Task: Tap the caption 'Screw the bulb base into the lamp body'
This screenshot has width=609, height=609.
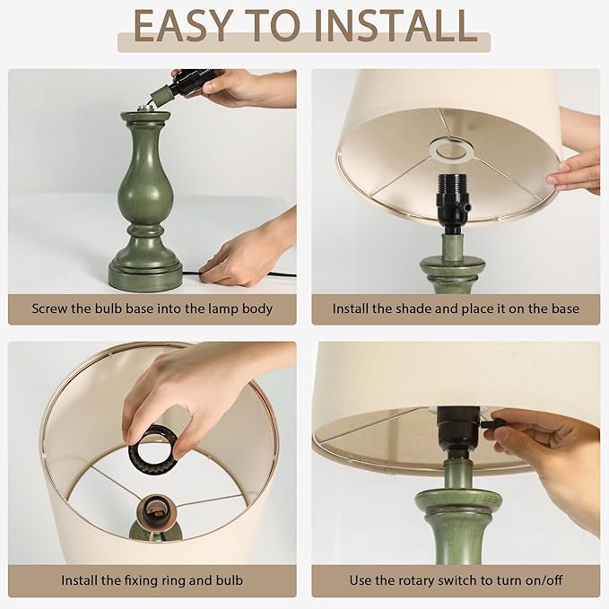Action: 152,309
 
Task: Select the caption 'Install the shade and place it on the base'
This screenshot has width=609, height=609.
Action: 456,309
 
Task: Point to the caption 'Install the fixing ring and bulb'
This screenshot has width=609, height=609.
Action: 152,580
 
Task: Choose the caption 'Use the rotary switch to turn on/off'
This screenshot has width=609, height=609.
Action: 456,580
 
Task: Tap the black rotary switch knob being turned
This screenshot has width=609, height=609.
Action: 489,422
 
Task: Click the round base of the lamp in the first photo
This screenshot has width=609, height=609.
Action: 145,274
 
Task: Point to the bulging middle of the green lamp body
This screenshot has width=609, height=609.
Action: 144,184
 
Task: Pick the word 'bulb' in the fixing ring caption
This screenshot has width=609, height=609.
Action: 228,580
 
